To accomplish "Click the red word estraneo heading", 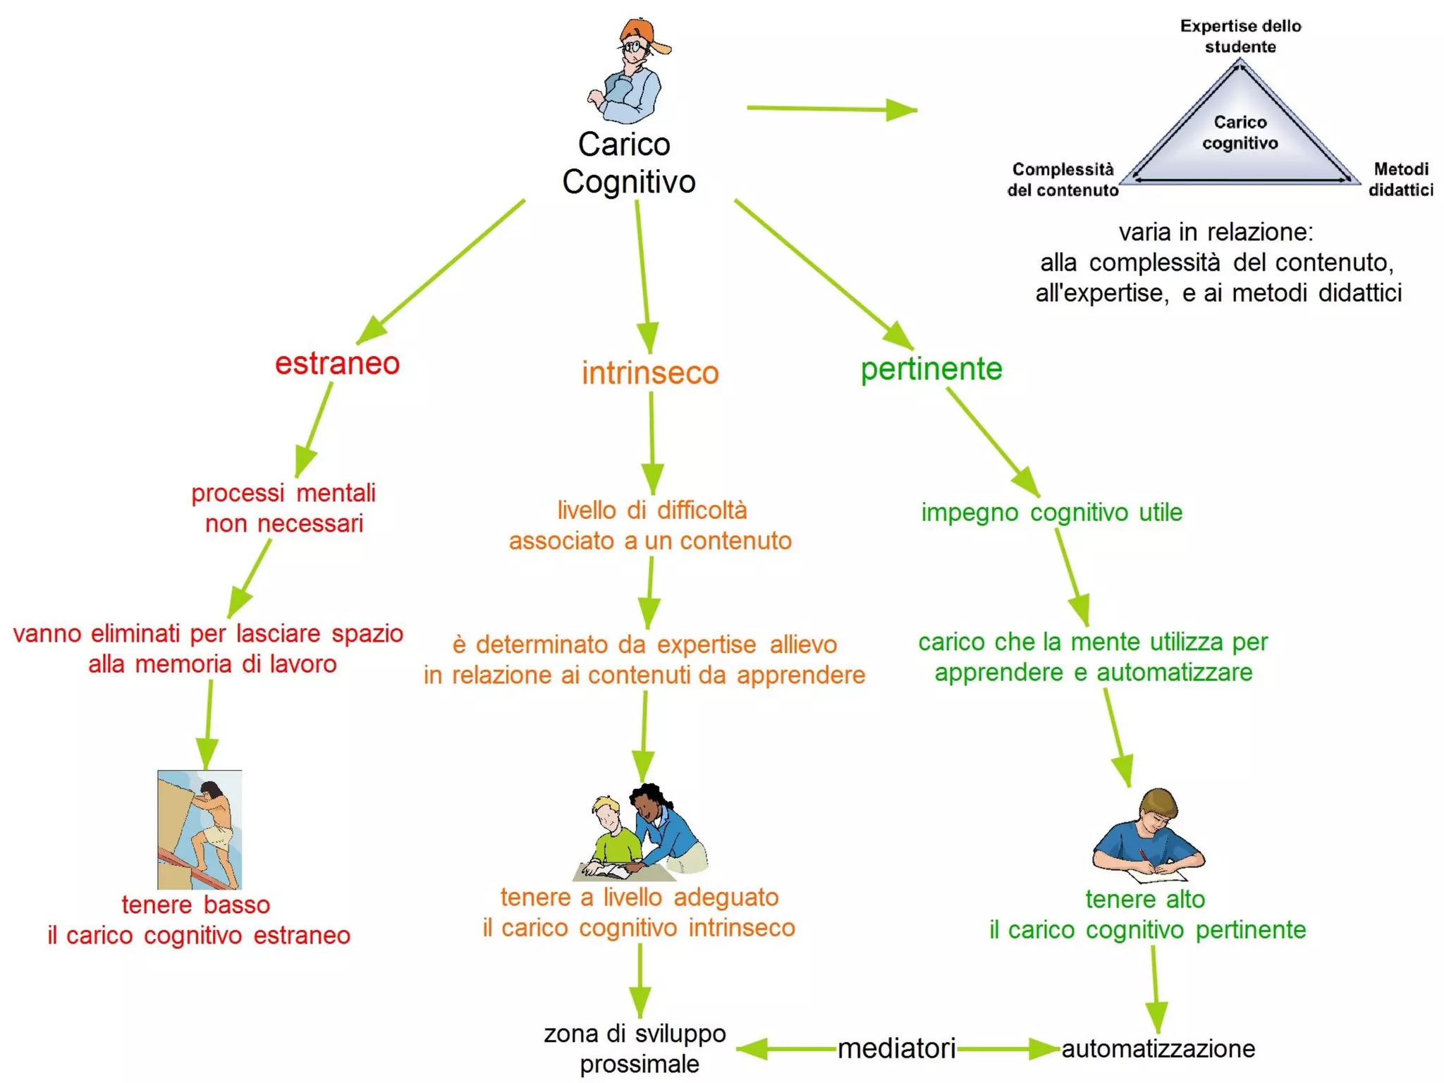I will (x=337, y=364).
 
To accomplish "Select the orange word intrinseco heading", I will (x=650, y=372).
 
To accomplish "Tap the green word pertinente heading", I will (x=931, y=369).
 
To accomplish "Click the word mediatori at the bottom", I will (x=896, y=1048).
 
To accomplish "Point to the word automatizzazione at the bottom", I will (x=1158, y=1048).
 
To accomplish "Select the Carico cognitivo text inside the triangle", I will (x=1240, y=133).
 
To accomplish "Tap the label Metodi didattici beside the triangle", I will (x=1400, y=179).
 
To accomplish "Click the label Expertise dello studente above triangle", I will (x=1240, y=36).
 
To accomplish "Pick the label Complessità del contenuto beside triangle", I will (x=1063, y=179).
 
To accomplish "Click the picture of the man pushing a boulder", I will (x=200, y=829).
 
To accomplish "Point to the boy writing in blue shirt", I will (x=1148, y=836).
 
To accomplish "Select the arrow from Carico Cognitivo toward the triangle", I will (x=832, y=109).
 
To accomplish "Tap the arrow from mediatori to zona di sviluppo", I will (x=786, y=1048).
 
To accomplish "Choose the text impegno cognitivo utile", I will (x=1051, y=513).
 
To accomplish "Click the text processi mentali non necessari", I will (x=283, y=508).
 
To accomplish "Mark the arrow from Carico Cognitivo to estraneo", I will (x=441, y=272).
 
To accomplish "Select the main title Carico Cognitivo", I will (x=628, y=163).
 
